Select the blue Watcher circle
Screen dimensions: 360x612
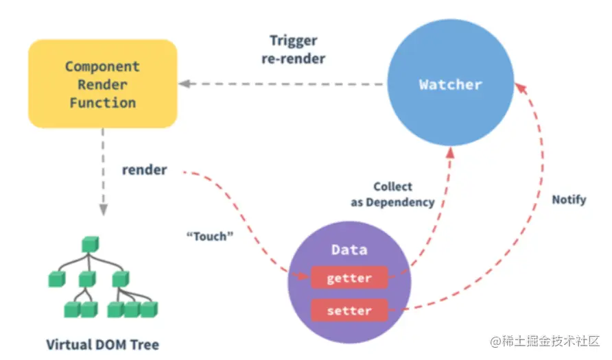point(451,85)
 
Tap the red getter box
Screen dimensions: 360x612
point(349,278)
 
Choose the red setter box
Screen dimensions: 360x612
point(349,311)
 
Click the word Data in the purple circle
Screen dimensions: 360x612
point(349,250)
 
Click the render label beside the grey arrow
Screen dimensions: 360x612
point(144,169)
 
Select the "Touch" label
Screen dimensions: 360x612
point(210,236)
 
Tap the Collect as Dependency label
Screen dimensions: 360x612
point(393,194)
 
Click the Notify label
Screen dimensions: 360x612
point(569,200)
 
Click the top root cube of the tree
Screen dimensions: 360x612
point(91,243)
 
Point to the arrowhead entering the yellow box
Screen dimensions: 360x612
point(185,84)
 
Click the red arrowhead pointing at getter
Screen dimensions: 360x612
point(302,277)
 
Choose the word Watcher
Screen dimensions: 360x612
point(451,85)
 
